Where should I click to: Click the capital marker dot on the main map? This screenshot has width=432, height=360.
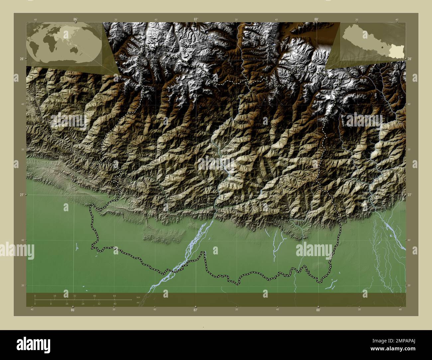[236, 198]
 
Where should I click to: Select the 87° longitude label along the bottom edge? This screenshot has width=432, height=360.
[195, 310]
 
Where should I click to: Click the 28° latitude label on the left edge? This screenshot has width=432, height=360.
[21, 59]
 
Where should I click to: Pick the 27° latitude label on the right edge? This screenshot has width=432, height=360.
[410, 195]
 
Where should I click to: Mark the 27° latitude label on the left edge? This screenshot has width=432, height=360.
[21, 195]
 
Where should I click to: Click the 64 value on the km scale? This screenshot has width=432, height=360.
[114, 296]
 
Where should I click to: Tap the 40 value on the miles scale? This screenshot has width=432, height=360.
[115, 304]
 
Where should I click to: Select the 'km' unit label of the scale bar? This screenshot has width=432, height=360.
[138, 296]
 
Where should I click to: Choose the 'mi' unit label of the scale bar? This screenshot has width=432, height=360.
[138, 303]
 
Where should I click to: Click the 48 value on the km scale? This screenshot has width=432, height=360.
[95, 296]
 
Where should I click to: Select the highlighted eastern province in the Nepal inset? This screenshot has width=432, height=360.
[395, 50]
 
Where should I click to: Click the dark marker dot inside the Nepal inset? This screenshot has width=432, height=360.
[383, 47]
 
